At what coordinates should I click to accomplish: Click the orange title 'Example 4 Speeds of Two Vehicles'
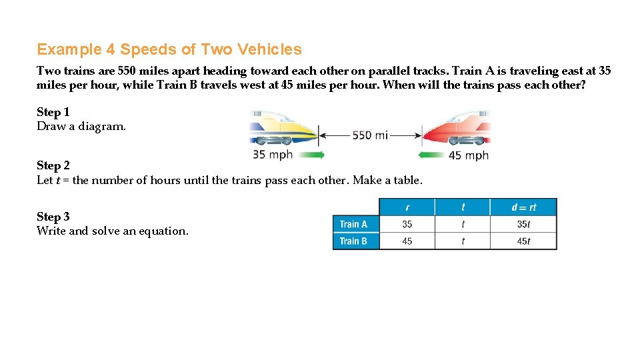click(x=169, y=49)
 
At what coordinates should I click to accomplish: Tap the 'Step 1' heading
click(x=53, y=112)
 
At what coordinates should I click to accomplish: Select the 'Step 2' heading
click(x=53, y=165)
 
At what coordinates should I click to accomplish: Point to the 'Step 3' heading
click(x=53, y=217)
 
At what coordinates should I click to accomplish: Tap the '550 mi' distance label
click(x=370, y=135)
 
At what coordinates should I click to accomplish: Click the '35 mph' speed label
click(x=272, y=155)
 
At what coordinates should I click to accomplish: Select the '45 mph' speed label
click(x=468, y=155)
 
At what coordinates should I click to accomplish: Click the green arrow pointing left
click(x=431, y=155)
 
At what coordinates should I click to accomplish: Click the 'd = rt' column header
click(x=523, y=207)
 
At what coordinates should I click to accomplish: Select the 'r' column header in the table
click(x=407, y=207)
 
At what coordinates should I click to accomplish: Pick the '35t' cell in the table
click(x=523, y=225)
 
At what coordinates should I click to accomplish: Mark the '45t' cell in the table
click(x=523, y=241)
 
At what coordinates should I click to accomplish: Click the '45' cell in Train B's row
click(x=407, y=241)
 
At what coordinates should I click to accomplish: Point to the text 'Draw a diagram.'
click(x=81, y=126)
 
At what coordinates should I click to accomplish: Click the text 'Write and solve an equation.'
click(x=113, y=231)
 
